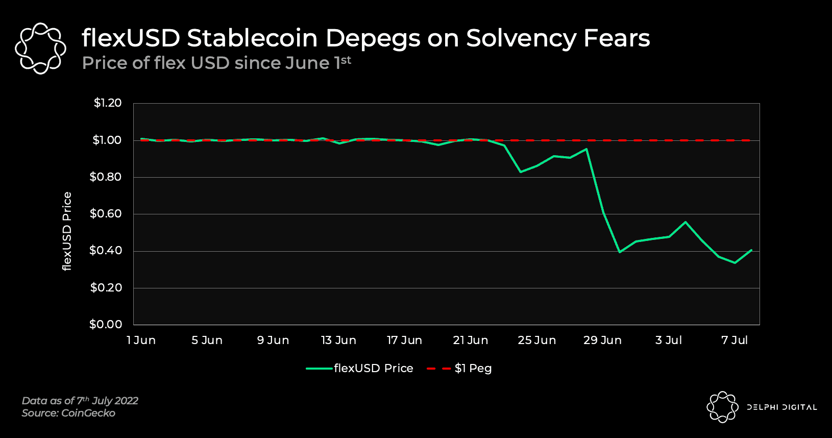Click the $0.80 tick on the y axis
106,177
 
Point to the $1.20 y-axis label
107,103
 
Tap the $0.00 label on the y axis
106,324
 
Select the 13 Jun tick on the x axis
338,340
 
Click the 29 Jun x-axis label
602,340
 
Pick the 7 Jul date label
734,340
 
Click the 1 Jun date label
141,340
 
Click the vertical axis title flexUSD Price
67,231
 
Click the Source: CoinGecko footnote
68,413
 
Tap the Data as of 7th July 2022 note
80,401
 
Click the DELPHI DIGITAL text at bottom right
781,407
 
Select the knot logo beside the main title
41,48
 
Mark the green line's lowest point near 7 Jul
735,263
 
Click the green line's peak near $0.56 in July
686,222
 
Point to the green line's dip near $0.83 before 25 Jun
521,172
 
